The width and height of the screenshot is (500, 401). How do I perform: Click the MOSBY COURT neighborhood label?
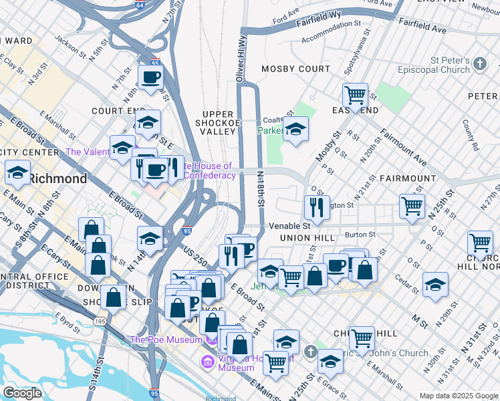(x=295, y=69)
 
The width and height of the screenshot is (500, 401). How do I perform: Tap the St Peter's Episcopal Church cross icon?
(x=479, y=65)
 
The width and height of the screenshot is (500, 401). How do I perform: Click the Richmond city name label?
(x=58, y=179)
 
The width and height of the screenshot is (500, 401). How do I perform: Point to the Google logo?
(x=22, y=393)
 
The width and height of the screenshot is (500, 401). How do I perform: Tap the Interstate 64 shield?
(x=138, y=4)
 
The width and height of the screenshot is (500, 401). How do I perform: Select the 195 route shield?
(x=100, y=322)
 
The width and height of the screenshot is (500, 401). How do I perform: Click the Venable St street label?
(x=289, y=226)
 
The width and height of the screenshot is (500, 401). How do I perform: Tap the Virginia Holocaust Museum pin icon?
(x=207, y=363)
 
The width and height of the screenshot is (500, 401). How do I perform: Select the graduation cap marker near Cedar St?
(x=435, y=285)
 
